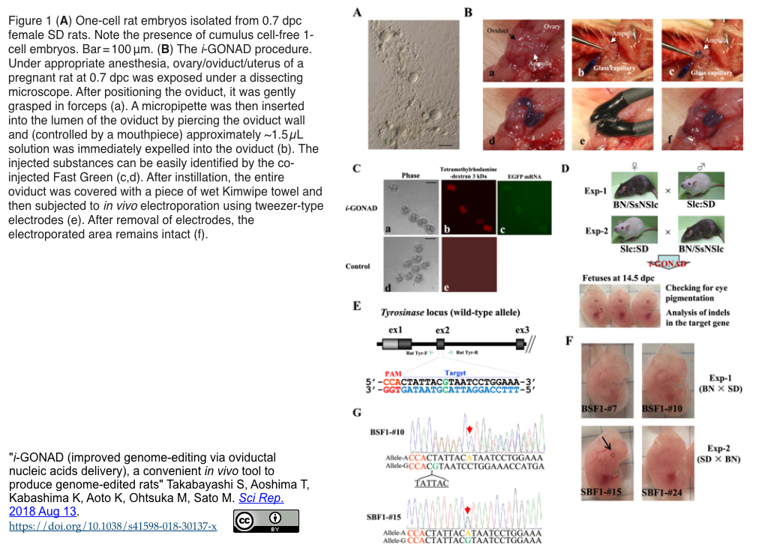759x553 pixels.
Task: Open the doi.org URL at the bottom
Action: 113,526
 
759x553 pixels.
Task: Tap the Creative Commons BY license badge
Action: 266,521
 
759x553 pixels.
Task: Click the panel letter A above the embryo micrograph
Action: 358,12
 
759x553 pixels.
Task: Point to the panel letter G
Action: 357,413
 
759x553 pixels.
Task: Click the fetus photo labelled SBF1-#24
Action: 667,463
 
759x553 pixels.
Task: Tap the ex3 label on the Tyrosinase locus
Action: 523,329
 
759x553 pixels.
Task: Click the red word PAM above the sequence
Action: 394,373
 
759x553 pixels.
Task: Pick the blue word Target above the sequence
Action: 455,373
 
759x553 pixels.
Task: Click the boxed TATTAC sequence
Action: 431,483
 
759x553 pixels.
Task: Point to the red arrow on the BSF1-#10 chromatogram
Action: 469,429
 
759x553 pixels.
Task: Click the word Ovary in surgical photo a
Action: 552,26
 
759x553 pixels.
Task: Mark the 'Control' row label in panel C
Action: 358,266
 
